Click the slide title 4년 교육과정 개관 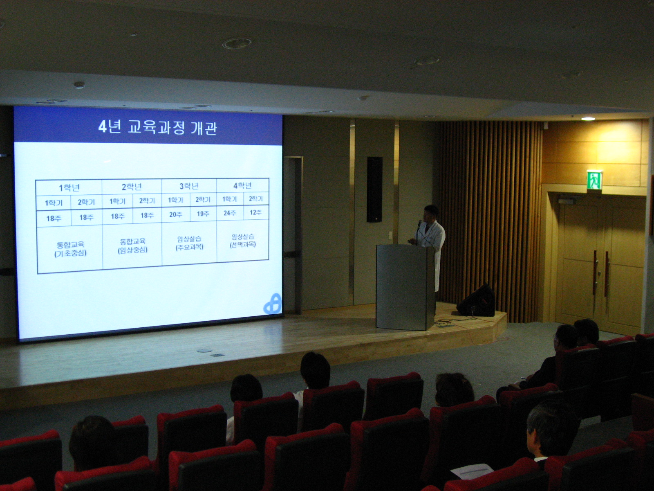coord(158,128)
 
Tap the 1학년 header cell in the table coord(69,188)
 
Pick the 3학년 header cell coord(188,186)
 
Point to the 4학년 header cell coord(242,186)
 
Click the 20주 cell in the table coord(175,214)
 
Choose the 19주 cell coord(203,214)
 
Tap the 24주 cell coord(230,213)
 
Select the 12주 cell coord(256,212)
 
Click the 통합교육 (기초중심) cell coord(70,249)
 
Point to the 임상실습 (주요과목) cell coord(190,243)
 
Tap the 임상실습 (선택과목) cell coord(243,241)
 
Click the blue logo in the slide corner coord(272,304)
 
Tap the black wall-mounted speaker coord(374,189)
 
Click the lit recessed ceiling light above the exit coord(588,119)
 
